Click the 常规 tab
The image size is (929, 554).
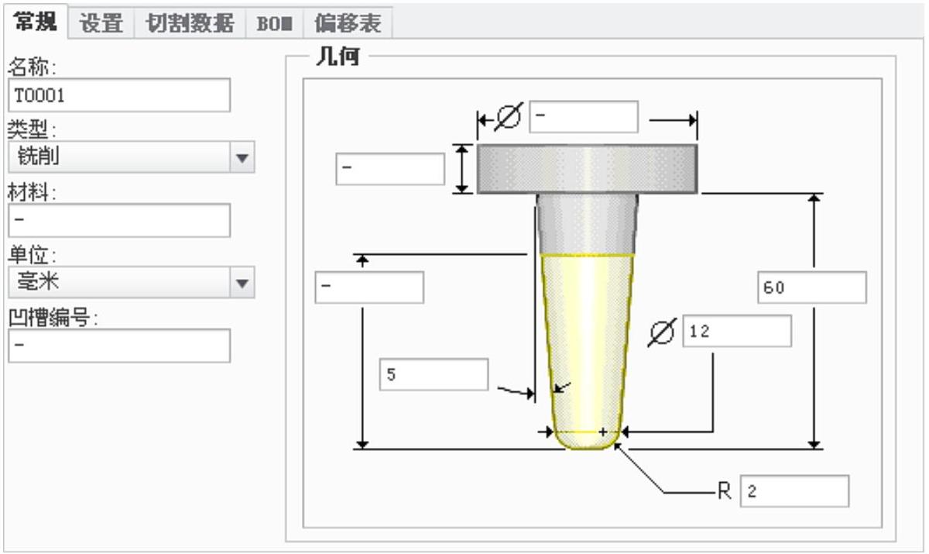click(36, 22)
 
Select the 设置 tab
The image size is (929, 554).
click(101, 23)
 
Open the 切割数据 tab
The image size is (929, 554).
click(190, 23)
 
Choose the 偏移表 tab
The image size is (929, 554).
click(348, 23)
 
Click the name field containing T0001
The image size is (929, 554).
click(119, 95)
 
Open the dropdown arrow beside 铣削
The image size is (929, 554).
click(243, 157)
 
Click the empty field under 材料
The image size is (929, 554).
click(119, 220)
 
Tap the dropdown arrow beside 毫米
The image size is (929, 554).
click(243, 283)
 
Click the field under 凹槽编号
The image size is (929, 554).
click(119, 346)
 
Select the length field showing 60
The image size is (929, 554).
click(811, 287)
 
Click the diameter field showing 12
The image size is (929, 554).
click(737, 332)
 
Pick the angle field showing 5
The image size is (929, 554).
click(434, 375)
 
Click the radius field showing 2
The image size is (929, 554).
click(794, 491)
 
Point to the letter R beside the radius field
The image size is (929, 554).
click(725, 491)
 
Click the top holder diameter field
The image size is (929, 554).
click(584, 117)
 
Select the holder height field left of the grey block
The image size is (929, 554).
click(390, 169)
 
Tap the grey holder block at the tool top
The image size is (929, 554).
click(587, 168)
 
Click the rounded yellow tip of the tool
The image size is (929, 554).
click(587, 439)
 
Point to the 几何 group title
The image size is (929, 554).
click(337, 57)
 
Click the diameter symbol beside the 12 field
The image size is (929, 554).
click(661, 332)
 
